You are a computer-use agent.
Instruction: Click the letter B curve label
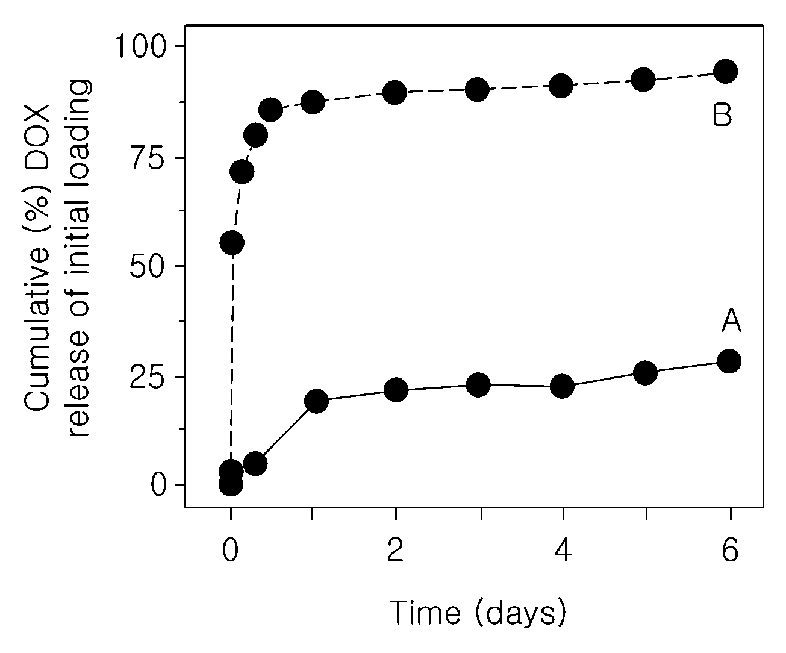722,115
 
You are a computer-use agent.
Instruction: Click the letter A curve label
731,321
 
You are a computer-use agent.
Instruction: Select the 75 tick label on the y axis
148,158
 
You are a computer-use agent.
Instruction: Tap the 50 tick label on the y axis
148,266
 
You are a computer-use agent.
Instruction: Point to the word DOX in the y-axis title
37,137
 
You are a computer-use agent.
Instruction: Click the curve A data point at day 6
729,361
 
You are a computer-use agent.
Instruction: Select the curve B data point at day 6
726,71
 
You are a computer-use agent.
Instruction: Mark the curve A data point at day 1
316,401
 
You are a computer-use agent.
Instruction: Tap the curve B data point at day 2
395,92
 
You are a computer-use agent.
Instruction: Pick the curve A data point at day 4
562,386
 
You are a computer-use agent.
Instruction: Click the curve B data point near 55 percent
232,243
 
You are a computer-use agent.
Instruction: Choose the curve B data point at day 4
561,86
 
